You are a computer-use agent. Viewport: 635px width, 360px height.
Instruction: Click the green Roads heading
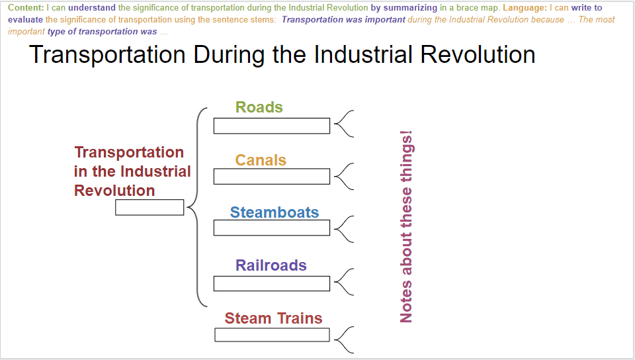point(259,107)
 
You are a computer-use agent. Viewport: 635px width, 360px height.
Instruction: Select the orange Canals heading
point(261,160)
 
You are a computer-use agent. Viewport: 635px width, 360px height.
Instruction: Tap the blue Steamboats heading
point(275,212)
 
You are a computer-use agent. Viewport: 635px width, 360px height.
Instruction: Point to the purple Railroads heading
point(271,265)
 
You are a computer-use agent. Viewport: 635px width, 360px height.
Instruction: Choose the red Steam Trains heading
point(273,318)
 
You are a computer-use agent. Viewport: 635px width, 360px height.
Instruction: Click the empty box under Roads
point(272,126)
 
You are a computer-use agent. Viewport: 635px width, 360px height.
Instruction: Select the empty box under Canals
point(272,177)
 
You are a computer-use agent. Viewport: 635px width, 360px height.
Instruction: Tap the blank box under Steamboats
point(272,228)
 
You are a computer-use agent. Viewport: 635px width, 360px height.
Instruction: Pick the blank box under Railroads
point(272,283)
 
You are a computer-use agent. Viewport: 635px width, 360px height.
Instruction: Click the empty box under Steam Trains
point(272,335)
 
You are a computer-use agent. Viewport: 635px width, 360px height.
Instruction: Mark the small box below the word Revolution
point(149,207)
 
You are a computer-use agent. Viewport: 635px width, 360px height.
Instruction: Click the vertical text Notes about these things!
point(405,226)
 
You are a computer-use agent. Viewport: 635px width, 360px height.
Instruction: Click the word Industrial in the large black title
point(362,55)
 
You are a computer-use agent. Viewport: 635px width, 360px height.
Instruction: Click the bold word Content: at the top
point(26,8)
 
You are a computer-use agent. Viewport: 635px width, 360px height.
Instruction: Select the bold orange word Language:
point(525,8)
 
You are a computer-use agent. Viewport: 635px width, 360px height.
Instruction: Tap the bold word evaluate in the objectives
point(25,19)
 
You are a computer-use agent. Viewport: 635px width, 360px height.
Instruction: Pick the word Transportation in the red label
point(129,153)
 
